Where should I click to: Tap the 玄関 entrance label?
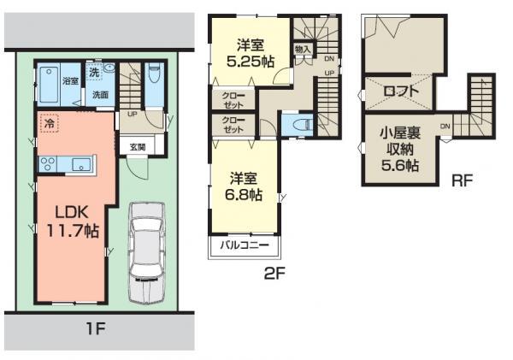click(137, 147)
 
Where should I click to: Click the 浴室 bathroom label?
click(70, 81)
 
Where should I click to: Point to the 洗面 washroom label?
click(100, 94)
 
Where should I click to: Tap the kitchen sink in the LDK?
click(81, 163)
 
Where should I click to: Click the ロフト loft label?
click(400, 89)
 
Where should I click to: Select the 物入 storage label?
click(303, 50)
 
